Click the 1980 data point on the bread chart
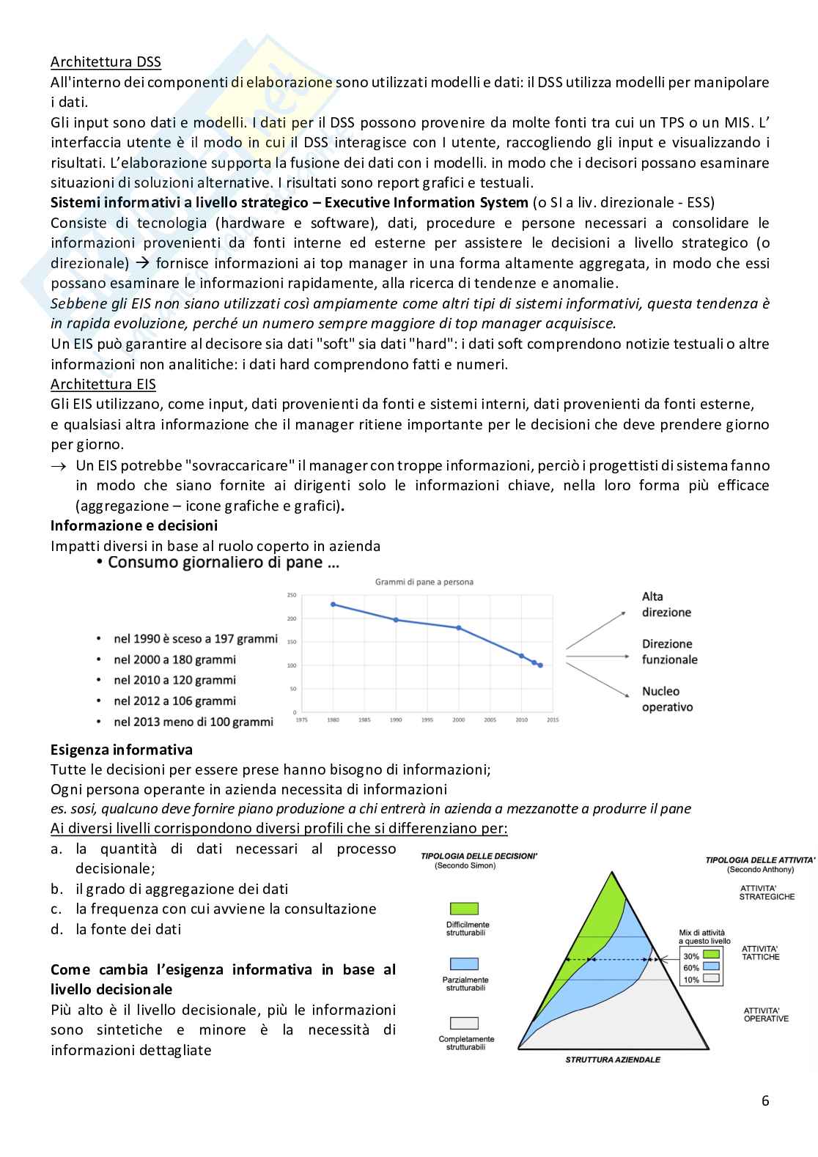coord(333,605)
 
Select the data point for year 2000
coord(459,628)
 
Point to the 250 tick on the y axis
coord(292,595)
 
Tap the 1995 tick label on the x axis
coord(427,720)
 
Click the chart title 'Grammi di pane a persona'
coord(424,582)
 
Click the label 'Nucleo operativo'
coord(667,699)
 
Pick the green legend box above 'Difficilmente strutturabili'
coord(463,909)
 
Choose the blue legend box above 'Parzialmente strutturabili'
coord(463,964)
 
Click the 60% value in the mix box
coord(691,968)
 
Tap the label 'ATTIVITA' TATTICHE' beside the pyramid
coord(760,953)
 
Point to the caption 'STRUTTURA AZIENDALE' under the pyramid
coord(613,1060)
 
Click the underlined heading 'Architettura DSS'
coord(106,62)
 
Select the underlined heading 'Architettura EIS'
coord(103,384)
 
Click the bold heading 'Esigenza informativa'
coord(122,750)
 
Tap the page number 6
coord(765,1101)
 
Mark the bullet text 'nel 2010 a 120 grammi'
coord(174,680)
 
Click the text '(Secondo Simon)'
coord(465,865)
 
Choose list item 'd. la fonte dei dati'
coord(116,929)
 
